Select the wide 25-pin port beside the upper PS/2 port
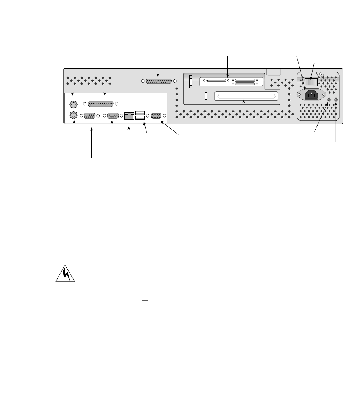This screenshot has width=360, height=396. click(101, 104)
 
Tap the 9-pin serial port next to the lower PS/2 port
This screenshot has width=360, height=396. click(89, 116)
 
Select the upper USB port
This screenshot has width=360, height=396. click(139, 112)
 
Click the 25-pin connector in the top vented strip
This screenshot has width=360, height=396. click(159, 81)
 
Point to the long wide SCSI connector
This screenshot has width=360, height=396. click(246, 96)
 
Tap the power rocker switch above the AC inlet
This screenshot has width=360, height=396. click(311, 81)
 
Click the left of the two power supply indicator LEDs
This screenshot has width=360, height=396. click(329, 100)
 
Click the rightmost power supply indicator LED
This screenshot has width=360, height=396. click(336, 100)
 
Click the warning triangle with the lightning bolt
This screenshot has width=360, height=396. click(65, 274)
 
